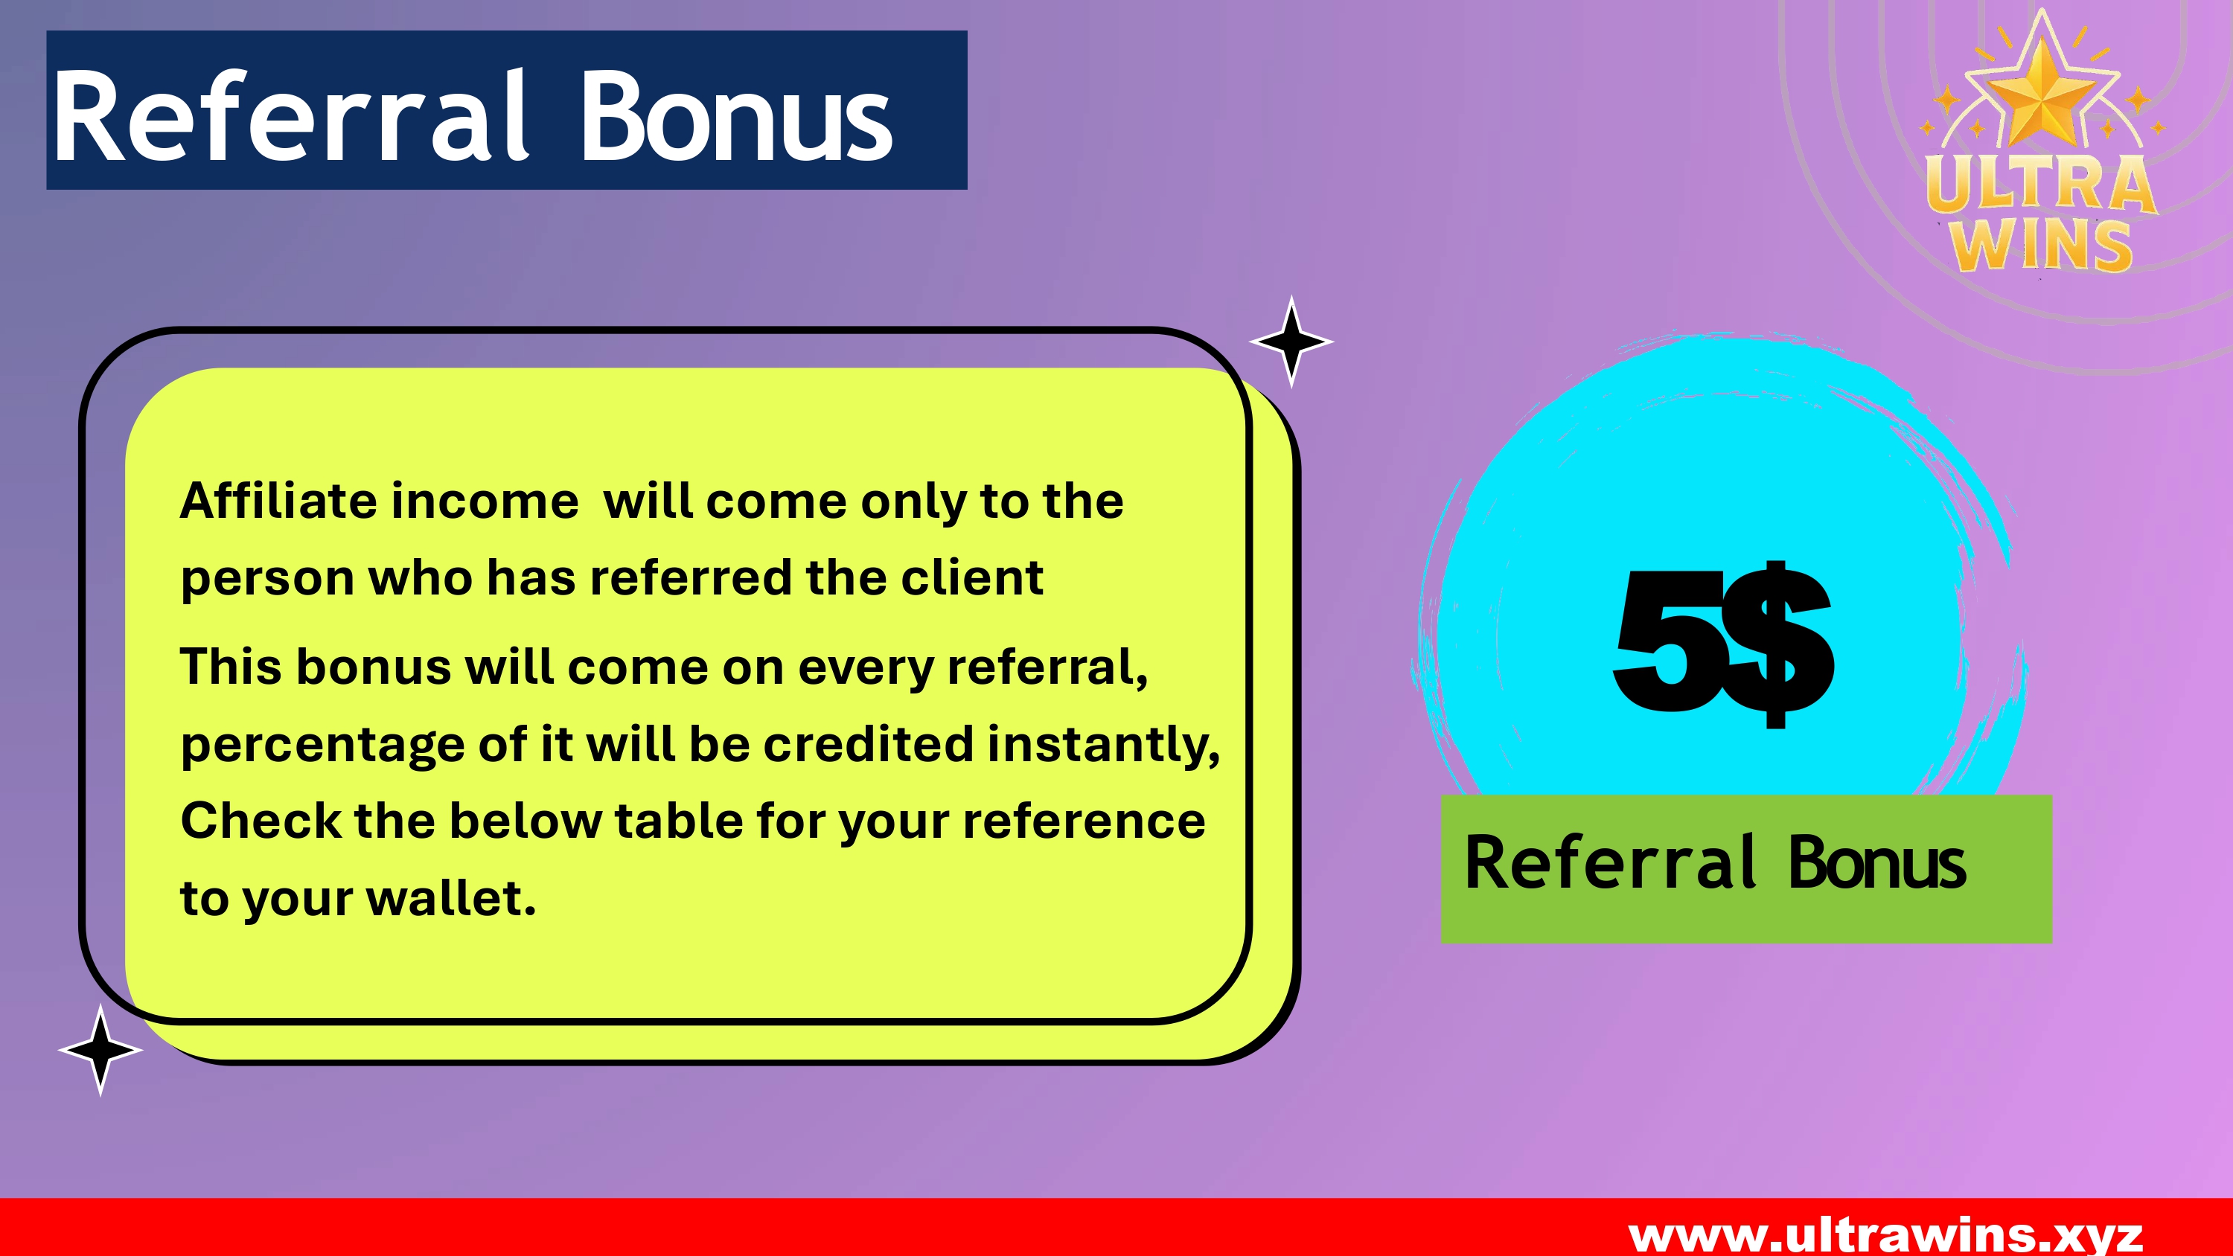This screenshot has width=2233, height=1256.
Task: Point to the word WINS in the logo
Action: pyautogui.click(x=2042, y=246)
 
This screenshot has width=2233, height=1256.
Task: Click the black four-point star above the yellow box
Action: pyautogui.click(x=1291, y=341)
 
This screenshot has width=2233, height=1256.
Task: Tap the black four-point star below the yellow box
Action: pyautogui.click(x=100, y=1049)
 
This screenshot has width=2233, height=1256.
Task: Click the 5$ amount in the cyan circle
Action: pyautogui.click(x=1723, y=644)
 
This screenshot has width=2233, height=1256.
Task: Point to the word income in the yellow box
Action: pyautogui.click(x=485, y=501)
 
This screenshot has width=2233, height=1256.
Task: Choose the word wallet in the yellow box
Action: pyautogui.click(x=452, y=897)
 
